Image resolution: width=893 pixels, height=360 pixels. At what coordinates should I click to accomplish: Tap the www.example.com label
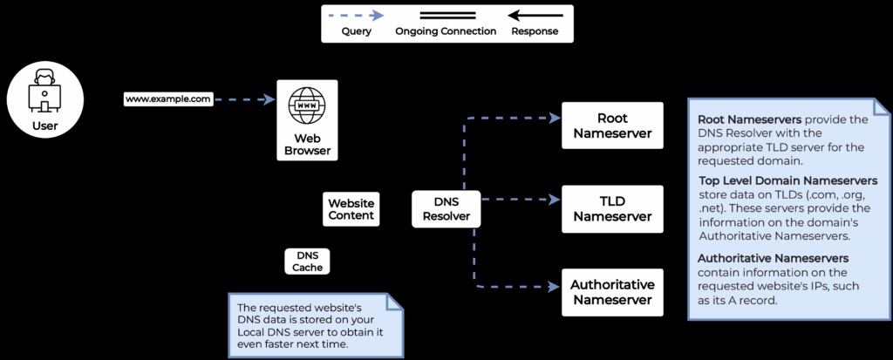coord(168,99)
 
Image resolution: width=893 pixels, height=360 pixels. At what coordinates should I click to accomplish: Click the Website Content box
coord(351,209)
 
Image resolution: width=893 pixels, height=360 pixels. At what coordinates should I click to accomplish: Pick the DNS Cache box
coord(308,261)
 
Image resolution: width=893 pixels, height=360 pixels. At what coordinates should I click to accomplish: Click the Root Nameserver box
coord(612,126)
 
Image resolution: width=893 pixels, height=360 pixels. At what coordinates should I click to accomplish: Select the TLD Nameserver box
coord(612,208)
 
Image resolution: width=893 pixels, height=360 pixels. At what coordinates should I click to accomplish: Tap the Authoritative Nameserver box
coord(612,292)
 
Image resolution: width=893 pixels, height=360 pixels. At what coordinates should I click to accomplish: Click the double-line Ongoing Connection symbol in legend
coord(446,15)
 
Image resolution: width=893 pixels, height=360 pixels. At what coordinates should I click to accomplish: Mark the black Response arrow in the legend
coord(535,15)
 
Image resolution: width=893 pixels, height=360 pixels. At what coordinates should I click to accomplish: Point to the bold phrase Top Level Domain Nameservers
coord(787,180)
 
